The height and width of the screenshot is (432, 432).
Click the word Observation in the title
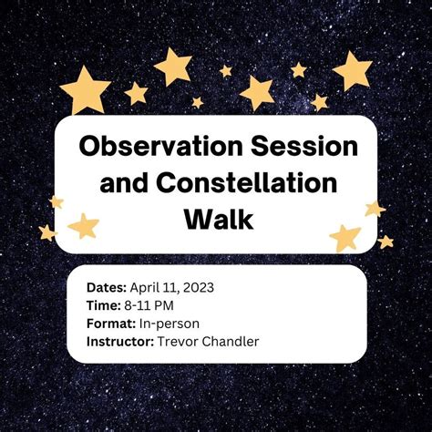(x=154, y=145)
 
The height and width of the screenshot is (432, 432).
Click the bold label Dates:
(x=107, y=286)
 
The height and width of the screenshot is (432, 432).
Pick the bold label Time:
(x=103, y=304)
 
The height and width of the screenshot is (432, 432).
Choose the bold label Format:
(x=110, y=323)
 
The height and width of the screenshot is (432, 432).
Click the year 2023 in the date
(x=198, y=286)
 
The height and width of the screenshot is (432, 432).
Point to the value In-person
(x=170, y=323)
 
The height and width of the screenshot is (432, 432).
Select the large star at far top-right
(x=353, y=70)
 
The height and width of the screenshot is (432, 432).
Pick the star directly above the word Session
(x=258, y=92)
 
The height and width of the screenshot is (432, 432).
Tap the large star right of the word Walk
(x=345, y=237)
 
